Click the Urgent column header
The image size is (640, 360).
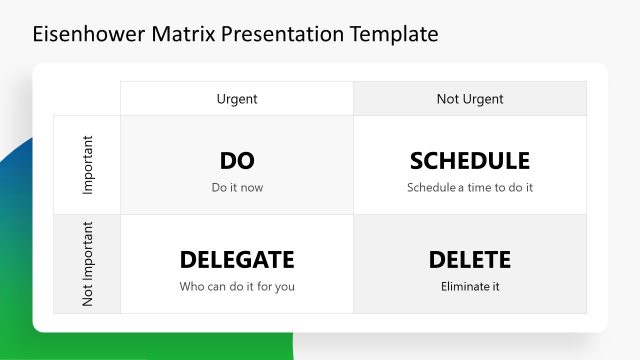pos(237,99)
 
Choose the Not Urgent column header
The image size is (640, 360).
pos(470,99)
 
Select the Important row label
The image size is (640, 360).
pos(88,165)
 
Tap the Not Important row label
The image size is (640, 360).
pos(88,264)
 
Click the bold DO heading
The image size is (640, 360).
pos(237,161)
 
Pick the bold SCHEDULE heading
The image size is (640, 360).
pos(470,161)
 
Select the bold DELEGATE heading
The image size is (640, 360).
pos(237,260)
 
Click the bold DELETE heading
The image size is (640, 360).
pos(470,260)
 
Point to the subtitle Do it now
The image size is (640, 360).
pos(237,187)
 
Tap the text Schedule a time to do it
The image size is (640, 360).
pos(470,187)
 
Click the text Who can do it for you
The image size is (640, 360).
pos(237,287)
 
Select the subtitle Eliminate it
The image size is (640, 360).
pos(470,287)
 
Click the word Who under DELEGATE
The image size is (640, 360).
pos(191,287)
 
